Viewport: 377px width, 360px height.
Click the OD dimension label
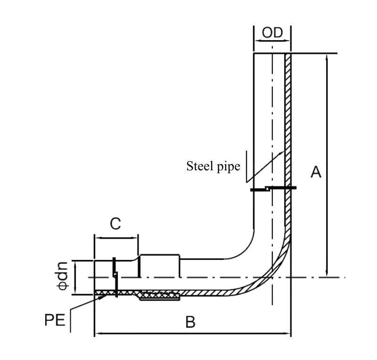[x=272, y=33]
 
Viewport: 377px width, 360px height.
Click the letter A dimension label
[x=316, y=172]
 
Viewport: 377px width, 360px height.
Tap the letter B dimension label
[x=190, y=323]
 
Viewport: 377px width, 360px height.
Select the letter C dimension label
[x=115, y=224]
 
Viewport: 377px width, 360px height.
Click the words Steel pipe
[x=213, y=166]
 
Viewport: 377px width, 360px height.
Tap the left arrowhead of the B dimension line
[x=97, y=334]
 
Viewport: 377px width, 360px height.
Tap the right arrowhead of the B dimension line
[x=288, y=334]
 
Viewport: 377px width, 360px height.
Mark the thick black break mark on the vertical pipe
[x=273, y=189]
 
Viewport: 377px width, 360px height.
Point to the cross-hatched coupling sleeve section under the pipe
[x=160, y=296]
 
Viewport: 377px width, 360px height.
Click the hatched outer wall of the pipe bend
[x=276, y=269]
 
